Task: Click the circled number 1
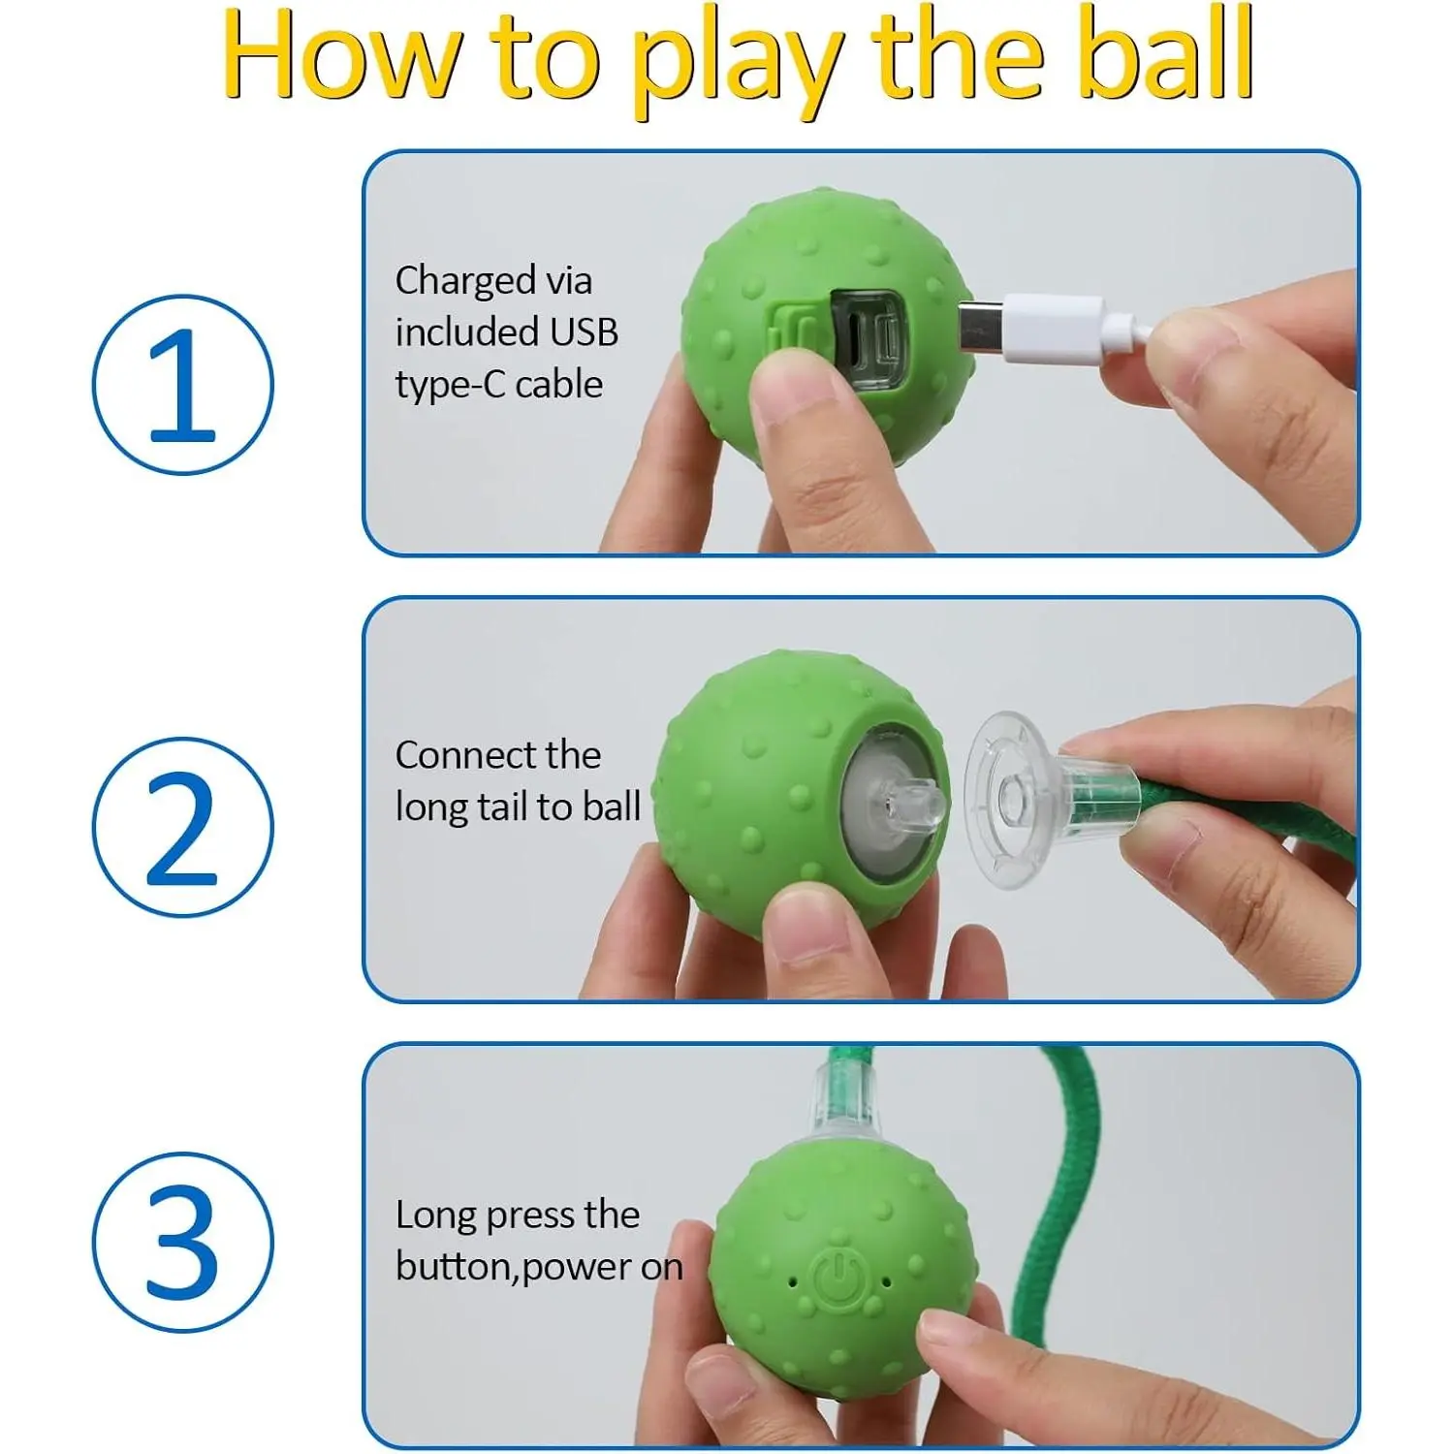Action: tap(183, 385)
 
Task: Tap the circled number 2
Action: tap(183, 827)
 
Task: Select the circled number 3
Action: tap(183, 1242)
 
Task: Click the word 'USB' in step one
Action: tap(584, 332)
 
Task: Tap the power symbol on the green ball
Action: tap(837, 1279)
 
